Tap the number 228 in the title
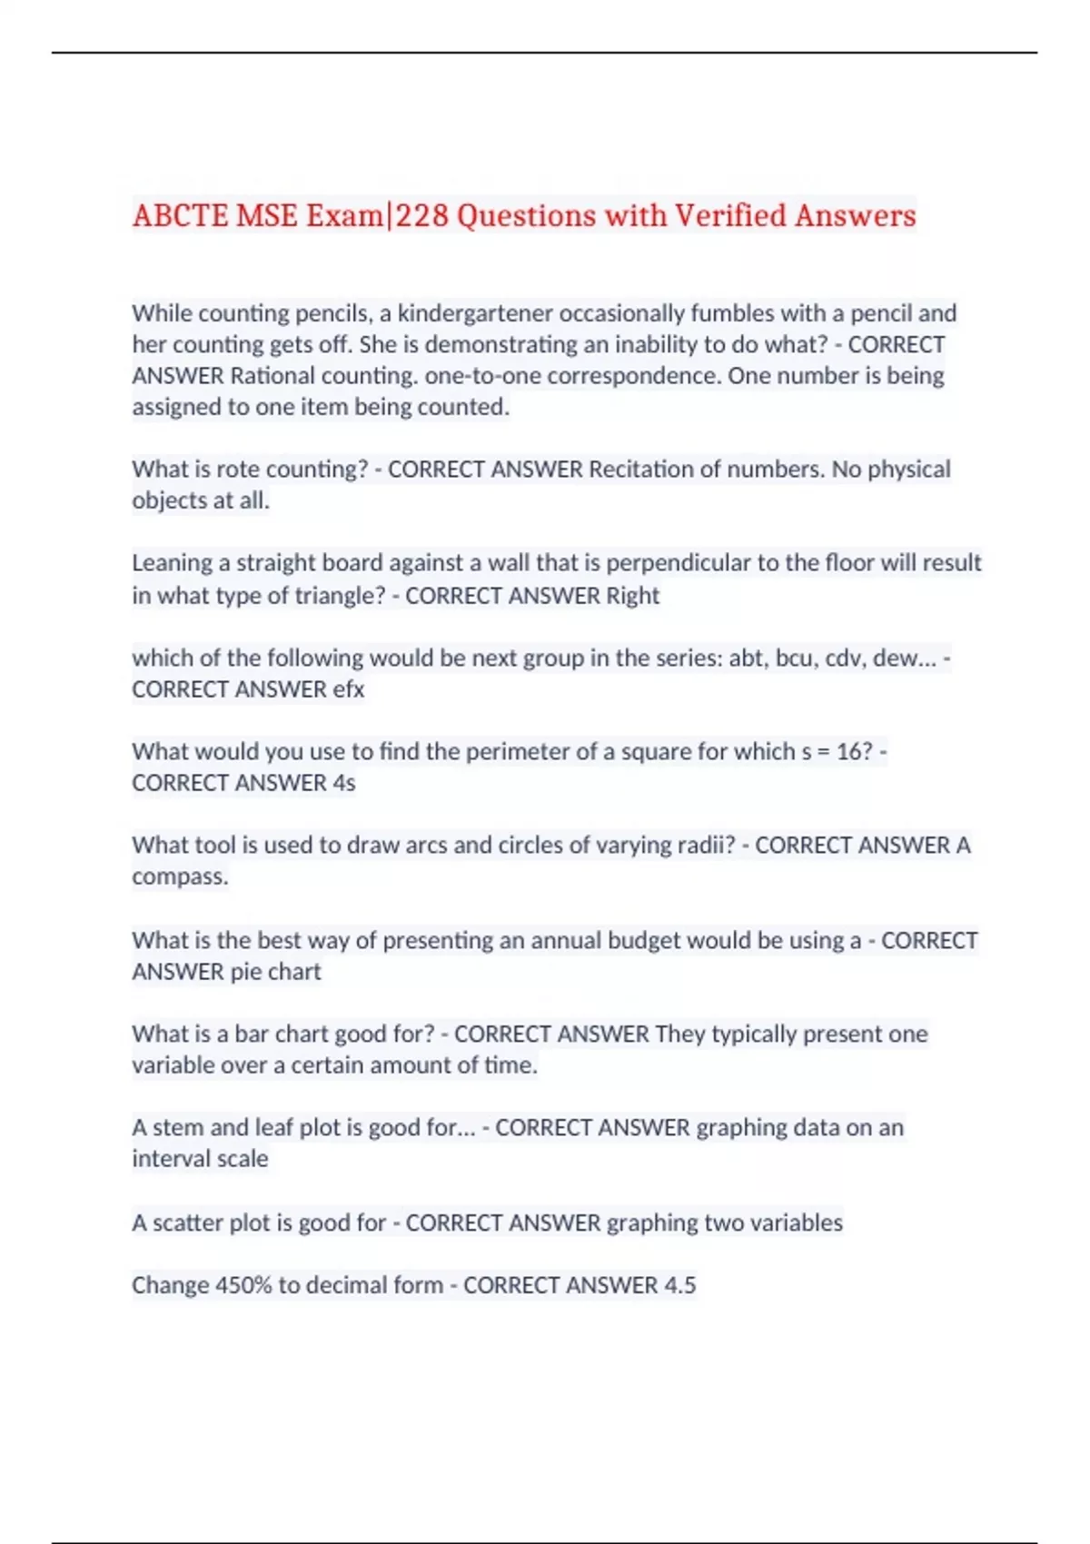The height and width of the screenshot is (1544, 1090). [x=421, y=216]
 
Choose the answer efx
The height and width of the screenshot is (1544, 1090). [x=348, y=689]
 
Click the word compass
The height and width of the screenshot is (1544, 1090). [x=178, y=877]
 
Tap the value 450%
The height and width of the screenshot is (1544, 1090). [x=243, y=1285]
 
